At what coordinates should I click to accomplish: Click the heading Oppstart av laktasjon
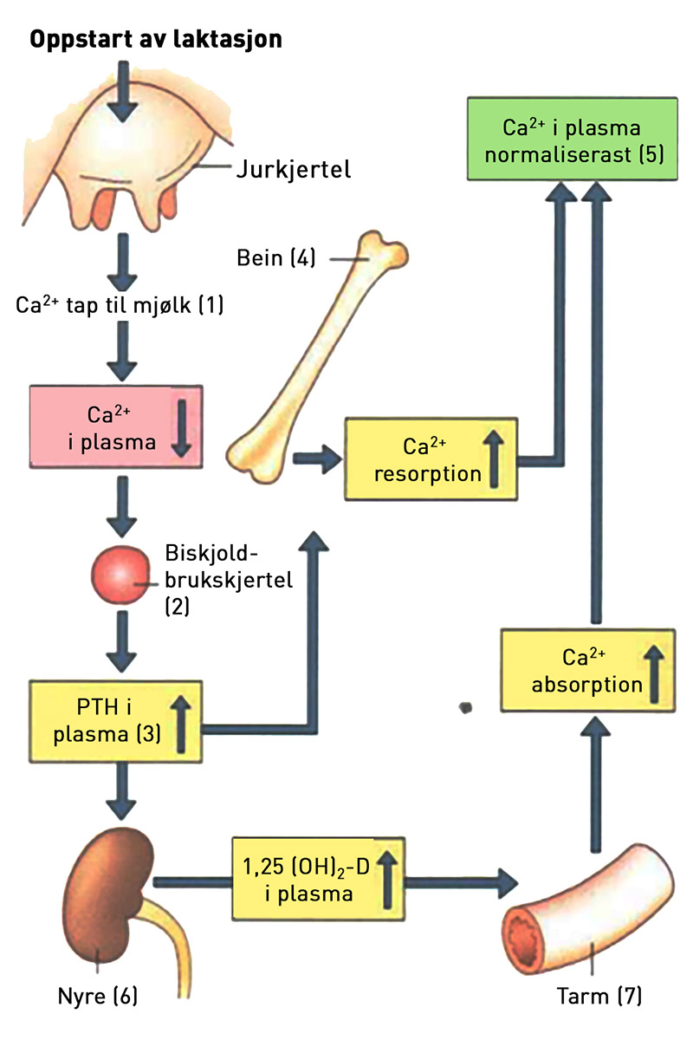tap(156, 40)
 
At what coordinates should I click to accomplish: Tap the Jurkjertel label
tap(293, 169)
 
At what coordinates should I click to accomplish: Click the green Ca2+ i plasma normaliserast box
tap(572, 139)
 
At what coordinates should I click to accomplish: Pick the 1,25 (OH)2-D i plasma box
tap(318, 881)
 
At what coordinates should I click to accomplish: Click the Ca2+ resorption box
tap(431, 458)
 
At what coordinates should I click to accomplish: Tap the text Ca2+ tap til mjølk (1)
tap(120, 305)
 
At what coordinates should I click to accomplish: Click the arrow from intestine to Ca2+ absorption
tap(596, 786)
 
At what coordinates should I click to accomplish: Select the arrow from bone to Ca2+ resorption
tap(316, 459)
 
